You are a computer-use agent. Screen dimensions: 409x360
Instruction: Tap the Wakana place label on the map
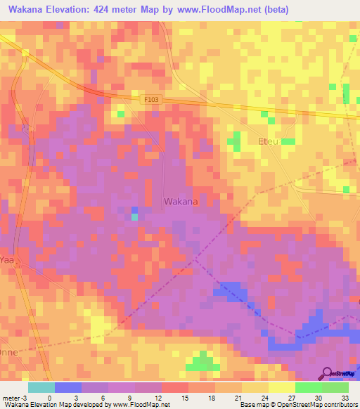point(181,202)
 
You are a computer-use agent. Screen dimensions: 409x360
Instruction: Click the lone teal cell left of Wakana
point(134,216)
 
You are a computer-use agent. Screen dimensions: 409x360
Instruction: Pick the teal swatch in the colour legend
point(41,387)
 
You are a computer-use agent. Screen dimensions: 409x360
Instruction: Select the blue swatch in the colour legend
point(67,387)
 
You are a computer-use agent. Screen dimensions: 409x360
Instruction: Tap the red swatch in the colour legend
point(174,387)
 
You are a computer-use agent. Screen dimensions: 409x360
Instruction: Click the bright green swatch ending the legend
point(335,387)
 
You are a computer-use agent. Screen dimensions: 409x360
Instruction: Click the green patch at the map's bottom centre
point(202,362)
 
